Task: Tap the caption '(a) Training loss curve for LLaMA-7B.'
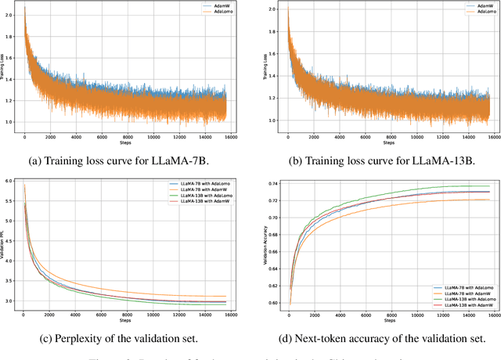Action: [124, 160]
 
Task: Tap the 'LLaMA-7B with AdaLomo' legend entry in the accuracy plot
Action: [463, 289]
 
